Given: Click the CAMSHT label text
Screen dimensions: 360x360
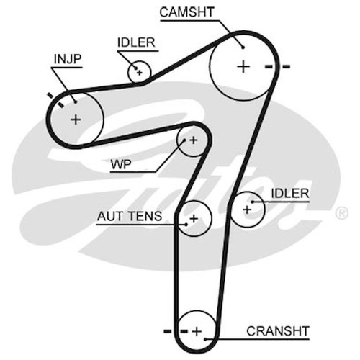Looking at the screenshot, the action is click(x=186, y=12).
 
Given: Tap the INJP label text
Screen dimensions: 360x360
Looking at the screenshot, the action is click(x=68, y=59).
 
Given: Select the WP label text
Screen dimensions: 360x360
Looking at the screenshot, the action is click(x=121, y=165).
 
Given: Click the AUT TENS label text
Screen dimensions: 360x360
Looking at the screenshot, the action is click(x=130, y=216).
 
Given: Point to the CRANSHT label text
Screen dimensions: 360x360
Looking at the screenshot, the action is click(x=278, y=331).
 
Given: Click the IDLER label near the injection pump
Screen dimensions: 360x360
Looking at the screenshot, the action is click(x=136, y=42).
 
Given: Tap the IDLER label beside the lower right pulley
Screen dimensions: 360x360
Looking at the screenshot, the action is click(x=290, y=194).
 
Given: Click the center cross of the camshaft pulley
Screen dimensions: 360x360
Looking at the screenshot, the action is click(x=243, y=67).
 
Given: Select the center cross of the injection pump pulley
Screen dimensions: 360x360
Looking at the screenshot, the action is click(x=76, y=120).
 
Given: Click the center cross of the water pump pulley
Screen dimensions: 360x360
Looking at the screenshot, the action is click(x=194, y=140).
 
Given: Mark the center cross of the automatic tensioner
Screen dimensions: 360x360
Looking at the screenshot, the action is click(x=194, y=219).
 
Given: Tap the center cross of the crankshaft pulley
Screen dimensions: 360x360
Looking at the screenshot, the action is click(x=197, y=331).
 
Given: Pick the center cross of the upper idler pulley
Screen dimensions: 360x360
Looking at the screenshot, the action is click(x=140, y=72).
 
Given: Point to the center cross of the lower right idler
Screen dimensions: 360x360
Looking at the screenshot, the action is click(x=247, y=210).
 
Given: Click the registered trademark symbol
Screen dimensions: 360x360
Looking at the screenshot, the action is click(x=342, y=212).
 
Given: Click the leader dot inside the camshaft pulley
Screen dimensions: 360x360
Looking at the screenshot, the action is click(x=243, y=48).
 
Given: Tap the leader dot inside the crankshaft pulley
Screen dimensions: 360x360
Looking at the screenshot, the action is click(x=206, y=339).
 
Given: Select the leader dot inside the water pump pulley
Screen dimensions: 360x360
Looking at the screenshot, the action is click(x=184, y=140).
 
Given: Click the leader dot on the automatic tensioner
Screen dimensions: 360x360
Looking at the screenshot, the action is click(x=186, y=225).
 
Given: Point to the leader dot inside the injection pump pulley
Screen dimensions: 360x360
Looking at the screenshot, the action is click(x=76, y=102).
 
